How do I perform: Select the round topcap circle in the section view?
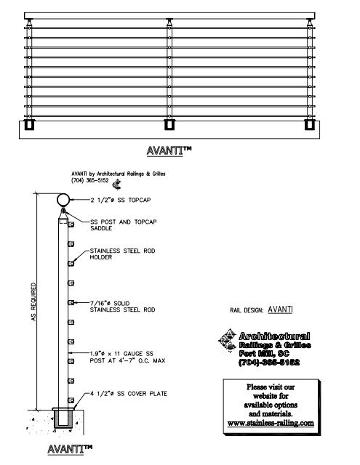coord(63,200)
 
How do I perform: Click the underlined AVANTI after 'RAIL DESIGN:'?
coord(280,309)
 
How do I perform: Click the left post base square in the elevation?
coord(30,125)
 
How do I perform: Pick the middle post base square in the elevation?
coord(169,125)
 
